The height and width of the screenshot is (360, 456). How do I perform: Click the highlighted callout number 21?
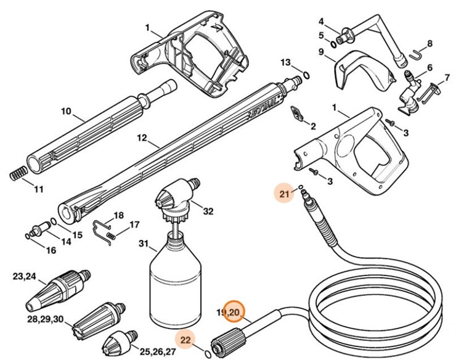284,195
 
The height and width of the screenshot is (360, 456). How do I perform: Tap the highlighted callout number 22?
186,339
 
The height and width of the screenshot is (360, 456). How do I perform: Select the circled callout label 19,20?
234,313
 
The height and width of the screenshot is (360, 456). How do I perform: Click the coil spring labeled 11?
19,173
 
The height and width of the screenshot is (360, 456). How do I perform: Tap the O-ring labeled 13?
306,76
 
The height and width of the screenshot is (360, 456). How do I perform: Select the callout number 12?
142,139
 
